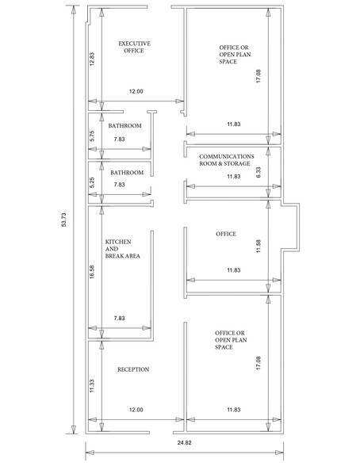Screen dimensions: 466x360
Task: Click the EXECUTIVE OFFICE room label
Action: click(x=134, y=47)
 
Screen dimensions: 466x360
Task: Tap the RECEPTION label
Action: click(x=133, y=370)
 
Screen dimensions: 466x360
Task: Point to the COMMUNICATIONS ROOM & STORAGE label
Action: click(x=226, y=161)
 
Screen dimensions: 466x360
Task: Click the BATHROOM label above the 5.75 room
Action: click(x=125, y=127)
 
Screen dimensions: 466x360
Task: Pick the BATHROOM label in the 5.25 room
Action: click(x=126, y=173)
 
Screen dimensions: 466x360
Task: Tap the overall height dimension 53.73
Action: click(x=64, y=223)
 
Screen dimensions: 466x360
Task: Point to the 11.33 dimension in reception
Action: click(x=93, y=385)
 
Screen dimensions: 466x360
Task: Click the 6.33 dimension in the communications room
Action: click(x=259, y=171)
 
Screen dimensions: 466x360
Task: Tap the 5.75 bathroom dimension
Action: click(x=93, y=135)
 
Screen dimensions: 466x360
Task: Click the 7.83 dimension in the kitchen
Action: click(x=119, y=318)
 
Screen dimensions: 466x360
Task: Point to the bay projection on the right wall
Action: click(x=291, y=230)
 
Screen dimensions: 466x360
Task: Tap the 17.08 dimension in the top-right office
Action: click(x=259, y=76)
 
